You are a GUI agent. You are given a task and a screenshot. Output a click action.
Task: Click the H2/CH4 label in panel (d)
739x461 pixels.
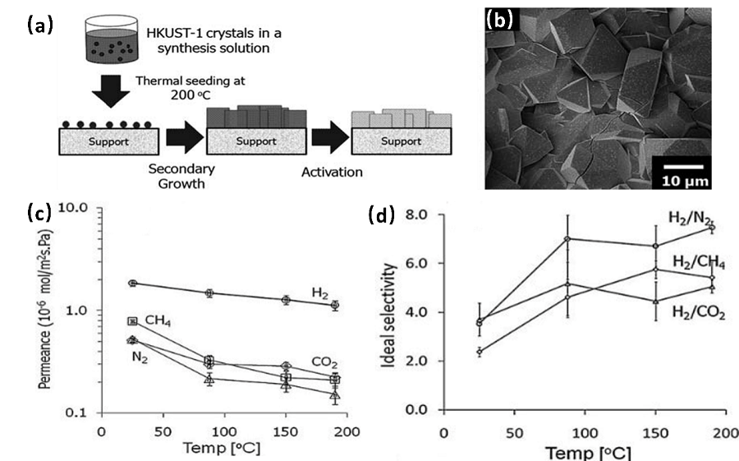tap(699, 261)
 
